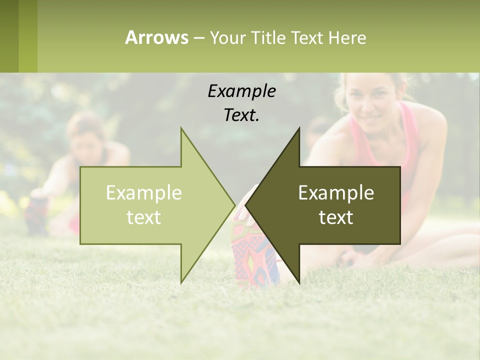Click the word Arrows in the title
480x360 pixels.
pos(156,37)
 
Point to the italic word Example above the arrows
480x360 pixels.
pos(241,91)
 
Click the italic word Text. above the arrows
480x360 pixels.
pos(241,115)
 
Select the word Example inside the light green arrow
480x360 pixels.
pos(144,193)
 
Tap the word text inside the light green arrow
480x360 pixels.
pos(144,217)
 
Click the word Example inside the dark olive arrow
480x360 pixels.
pos(336,193)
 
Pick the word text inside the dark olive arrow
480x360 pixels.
pos(336,217)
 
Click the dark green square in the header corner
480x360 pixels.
pos(9,36)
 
